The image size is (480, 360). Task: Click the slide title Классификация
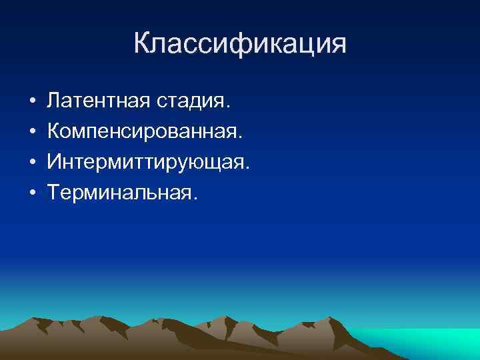pos(240,44)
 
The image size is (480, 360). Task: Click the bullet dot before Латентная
pos(32,103)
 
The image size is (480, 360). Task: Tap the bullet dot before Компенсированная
pos(32,133)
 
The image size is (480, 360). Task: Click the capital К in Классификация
pos(143,44)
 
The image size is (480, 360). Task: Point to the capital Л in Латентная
pos(55,102)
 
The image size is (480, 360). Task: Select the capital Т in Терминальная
pos(54,193)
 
